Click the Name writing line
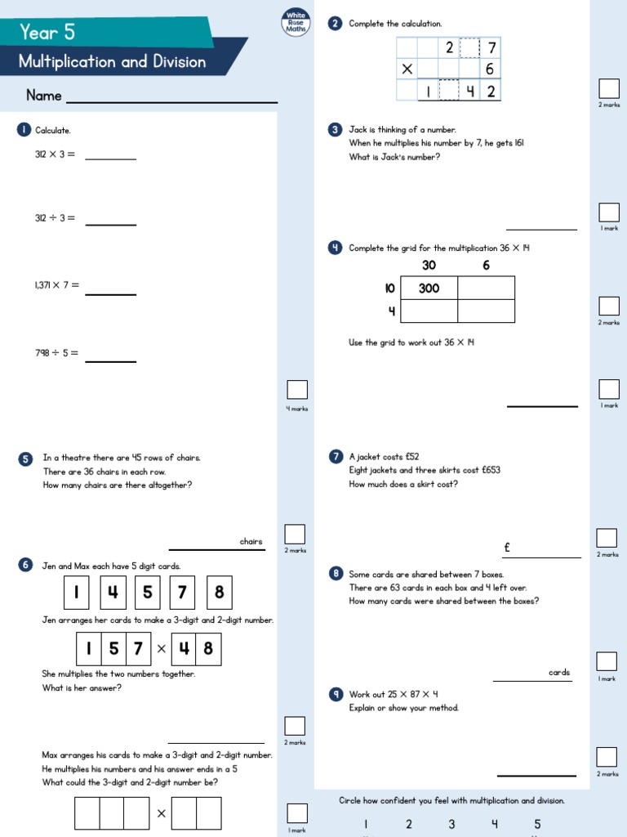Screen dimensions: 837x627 point(171,101)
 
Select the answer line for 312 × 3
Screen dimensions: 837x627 point(110,158)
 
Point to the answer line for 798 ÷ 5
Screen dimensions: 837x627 point(110,360)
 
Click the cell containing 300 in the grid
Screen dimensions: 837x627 point(429,289)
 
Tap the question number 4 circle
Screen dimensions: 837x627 point(335,248)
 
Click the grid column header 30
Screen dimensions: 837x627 point(429,266)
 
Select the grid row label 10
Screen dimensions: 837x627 point(389,289)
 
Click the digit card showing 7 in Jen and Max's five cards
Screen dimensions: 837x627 point(182,593)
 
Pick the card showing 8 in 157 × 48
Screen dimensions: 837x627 point(208,649)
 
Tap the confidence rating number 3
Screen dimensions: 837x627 point(451,824)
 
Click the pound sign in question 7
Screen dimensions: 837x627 point(507,548)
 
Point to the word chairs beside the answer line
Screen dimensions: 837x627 point(251,541)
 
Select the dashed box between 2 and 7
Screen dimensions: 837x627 point(469,48)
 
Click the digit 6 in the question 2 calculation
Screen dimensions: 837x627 point(490,69)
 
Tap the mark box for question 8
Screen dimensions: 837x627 point(607,661)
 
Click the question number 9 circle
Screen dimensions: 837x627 point(335,695)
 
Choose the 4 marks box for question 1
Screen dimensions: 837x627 point(297,390)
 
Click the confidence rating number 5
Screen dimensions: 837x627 point(537,824)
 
